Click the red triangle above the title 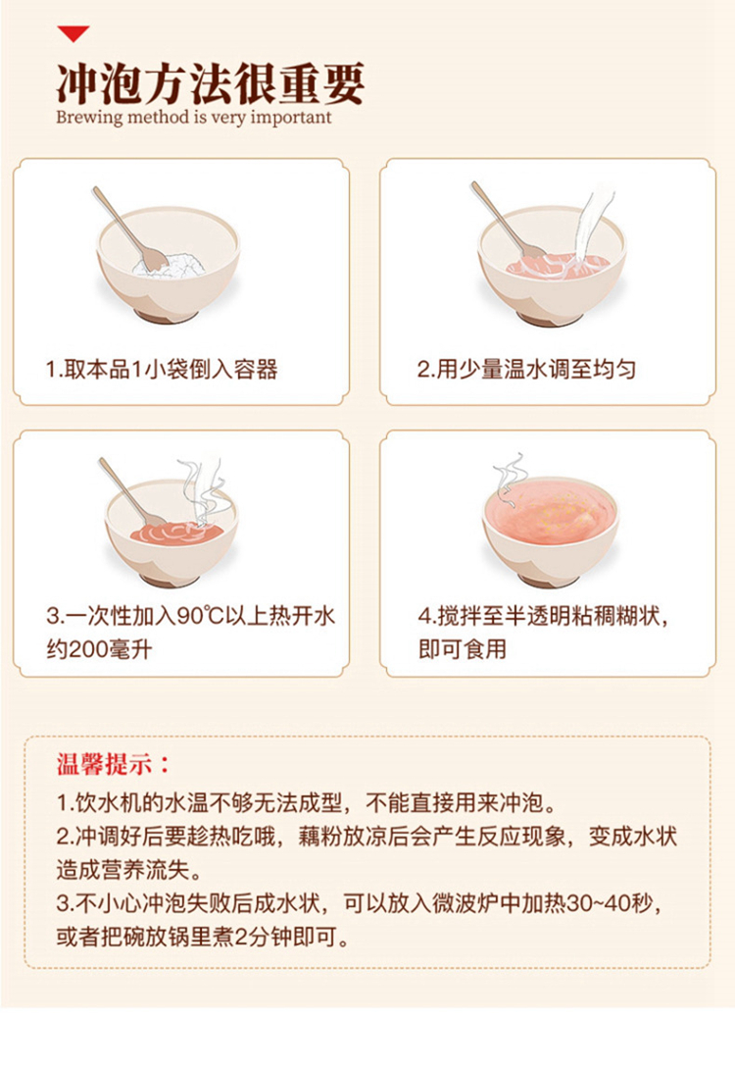73,32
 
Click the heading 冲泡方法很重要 211,84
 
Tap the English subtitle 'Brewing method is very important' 194,118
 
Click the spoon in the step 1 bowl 130,228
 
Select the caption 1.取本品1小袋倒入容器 162,369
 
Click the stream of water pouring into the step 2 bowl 591,226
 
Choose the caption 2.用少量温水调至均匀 526,369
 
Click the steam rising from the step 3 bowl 202,492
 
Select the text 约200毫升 99,648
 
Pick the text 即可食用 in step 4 463,648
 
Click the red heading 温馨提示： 113,764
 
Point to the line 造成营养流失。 129,869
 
